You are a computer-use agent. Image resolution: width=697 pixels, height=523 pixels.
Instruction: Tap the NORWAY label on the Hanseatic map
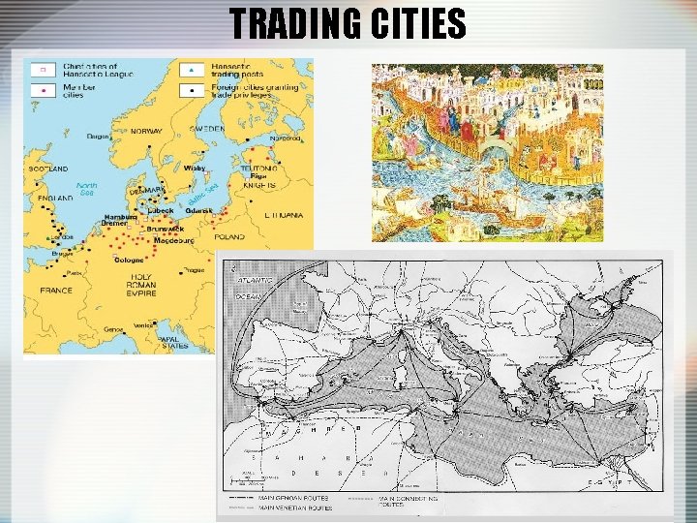tap(146, 131)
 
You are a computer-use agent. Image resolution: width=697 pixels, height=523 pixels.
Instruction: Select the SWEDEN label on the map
tap(205, 128)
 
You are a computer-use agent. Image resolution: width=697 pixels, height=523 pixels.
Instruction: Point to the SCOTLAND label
tap(49, 169)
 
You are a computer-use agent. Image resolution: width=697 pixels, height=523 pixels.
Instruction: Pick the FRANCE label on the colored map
tap(55, 290)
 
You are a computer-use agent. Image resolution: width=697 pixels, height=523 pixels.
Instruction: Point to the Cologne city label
tap(130, 260)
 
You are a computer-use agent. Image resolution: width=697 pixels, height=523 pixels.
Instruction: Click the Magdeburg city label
tap(175, 239)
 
